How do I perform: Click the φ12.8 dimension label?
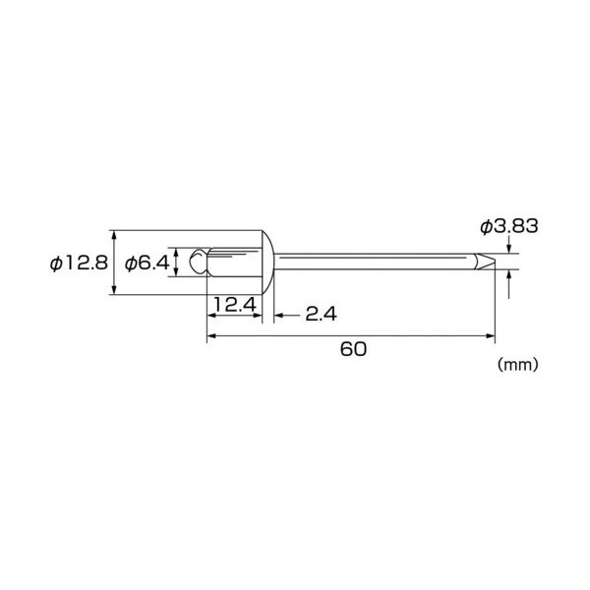[x=79, y=263]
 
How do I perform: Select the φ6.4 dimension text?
[x=147, y=263]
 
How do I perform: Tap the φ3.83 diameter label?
[x=509, y=226]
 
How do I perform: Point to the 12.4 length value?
[x=235, y=304]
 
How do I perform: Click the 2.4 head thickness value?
[x=321, y=314]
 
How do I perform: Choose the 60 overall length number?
[x=353, y=349]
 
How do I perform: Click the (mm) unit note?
[x=518, y=365]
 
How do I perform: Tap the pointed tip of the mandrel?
[x=495, y=262]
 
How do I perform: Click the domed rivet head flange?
[x=267, y=263]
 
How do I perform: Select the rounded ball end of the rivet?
[x=199, y=262]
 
